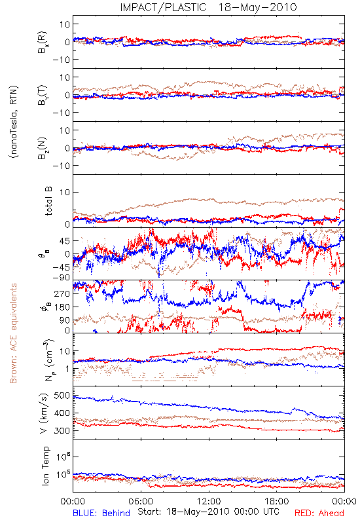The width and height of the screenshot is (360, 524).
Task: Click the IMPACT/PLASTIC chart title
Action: (163, 7)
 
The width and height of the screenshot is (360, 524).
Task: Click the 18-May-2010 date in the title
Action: (257, 7)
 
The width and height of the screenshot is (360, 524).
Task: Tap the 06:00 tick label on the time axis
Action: (141, 501)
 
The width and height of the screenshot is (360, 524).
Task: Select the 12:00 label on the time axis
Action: (209, 501)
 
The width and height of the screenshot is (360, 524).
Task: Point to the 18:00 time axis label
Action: (277, 501)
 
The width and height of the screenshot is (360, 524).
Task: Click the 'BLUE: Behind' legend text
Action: (101, 514)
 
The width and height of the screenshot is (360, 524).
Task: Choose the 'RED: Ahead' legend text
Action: (319, 514)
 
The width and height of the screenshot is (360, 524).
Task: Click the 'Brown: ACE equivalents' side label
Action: (13, 333)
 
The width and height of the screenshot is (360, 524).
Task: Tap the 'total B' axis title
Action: (48, 201)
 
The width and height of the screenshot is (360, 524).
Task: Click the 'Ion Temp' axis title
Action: (45, 466)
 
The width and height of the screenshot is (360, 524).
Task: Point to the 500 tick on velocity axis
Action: (62, 396)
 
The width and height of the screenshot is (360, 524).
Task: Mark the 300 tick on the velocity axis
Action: (62, 430)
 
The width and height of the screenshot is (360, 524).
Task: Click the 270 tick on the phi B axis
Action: (62, 293)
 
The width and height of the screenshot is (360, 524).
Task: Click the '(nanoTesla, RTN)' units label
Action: (14, 122)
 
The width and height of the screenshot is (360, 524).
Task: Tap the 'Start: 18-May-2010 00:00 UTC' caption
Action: (208, 512)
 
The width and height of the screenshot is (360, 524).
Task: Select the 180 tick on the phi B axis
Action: (62, 307)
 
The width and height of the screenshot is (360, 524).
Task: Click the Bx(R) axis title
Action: (43, 42)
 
